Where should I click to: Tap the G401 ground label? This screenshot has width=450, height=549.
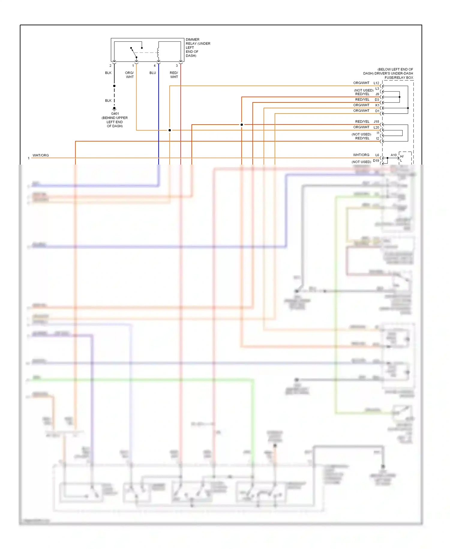pos(115,114)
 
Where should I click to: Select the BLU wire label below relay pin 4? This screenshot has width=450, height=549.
pos(153,73)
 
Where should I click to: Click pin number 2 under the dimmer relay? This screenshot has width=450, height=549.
pos(110,65)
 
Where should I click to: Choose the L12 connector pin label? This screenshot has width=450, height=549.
pos(376,83)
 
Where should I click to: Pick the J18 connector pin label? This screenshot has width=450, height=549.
pos(376,122)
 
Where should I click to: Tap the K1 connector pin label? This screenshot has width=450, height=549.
pos(377,105)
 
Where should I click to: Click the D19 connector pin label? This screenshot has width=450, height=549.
pos(376,161)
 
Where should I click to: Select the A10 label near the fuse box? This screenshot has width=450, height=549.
pos(393,155)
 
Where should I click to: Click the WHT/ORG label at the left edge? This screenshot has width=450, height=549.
pos(40,155)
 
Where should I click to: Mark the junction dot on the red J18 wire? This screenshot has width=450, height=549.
pos(241,125)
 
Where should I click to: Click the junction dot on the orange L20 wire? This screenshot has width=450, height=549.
pos(169,130)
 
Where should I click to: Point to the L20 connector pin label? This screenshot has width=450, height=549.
pos(376,127)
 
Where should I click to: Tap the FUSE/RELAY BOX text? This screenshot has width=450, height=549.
pos(399,77)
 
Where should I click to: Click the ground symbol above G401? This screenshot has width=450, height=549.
pos(114,109)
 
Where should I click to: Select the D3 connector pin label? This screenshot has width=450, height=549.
pos(377,100)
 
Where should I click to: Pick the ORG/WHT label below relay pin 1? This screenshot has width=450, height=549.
pos(130,75)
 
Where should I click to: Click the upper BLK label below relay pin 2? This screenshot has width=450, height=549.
pos(108,73)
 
